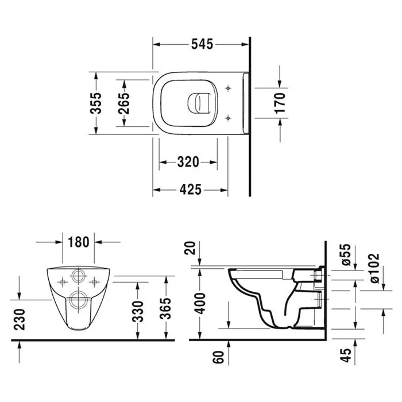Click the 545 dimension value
(x=202, y=44)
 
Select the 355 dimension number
(x=96, y=103)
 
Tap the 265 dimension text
(x=124, y=103)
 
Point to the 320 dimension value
(x=188, y=162)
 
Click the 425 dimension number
(x=191, y=190)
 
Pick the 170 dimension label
(x=280, y=103)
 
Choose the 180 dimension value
(x=79, y=242)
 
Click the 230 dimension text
(x=20, y=319)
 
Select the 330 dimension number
(x=138, y=312)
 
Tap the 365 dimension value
(x=165, y=309)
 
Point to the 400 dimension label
(x=200, y=304)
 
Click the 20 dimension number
(x=190, y=248)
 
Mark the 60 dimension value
(x=218, y=357)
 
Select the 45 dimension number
(x=346, y=355)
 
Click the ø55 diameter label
(x=346, y=254)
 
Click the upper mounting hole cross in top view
(x=228, y=88)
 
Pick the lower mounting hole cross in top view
(x=228, y=118)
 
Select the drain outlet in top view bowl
(x=199, y=103)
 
